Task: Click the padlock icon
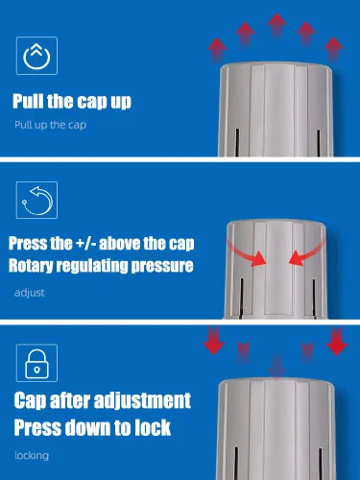click(36, 364)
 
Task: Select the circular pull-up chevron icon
click(36, 56)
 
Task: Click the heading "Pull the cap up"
click(72, 102)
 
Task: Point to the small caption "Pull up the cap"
click(50, 125)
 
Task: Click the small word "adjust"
click(30, 293)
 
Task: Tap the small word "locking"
click(32, 455)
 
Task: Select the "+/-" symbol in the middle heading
click(85, 243)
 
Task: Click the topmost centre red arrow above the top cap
click(277, 25)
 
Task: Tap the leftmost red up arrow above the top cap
click(217, 50)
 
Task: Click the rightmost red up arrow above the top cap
click(334, 49)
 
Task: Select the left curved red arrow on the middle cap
click(248, 252)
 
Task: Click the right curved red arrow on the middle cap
click(306, 252)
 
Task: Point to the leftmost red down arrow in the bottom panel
click(213, 341)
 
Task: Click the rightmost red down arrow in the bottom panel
click(337, 341)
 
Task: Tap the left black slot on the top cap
click(237, 142)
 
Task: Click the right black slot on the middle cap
click(314, 299)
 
